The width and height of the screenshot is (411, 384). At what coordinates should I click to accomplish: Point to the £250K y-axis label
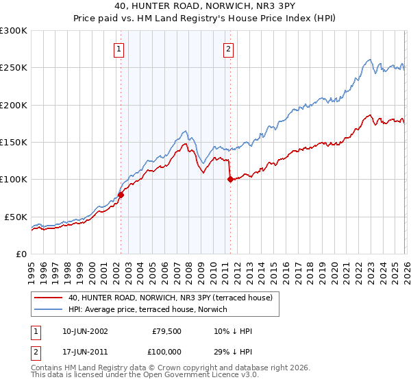click(14, 68)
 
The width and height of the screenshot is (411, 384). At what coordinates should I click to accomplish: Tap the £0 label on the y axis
click(21, 254)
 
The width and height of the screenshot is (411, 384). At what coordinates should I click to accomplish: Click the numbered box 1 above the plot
click(119, 49)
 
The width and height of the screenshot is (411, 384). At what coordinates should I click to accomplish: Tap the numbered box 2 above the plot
click(227, 49)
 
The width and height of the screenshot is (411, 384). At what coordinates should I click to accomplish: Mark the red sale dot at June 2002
click(121, 195)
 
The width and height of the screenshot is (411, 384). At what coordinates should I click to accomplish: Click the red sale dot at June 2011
click(229, 180)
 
